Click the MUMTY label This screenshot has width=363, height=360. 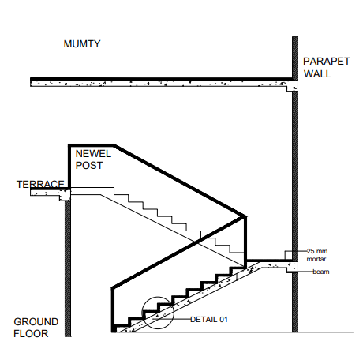pos(82,43)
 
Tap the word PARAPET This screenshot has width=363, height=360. pos(327,62)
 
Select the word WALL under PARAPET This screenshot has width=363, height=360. pos(317,73)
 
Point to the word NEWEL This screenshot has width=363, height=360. pos(93,154)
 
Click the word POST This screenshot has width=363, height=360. pos(89,166)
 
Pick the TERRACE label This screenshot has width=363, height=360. pos(40,184)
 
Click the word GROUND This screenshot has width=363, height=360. pos(36,322)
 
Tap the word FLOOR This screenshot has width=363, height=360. pos(31,334)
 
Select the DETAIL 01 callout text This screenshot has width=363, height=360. pos(209,320)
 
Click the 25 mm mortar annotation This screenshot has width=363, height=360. pos(317,255)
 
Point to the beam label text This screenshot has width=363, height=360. pos(321,272)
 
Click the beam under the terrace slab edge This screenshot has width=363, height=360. pos(65,196)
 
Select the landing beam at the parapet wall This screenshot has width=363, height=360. pos(292,268)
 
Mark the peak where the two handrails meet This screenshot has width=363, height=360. pos(245,217)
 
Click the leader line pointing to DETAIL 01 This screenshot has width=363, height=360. pos(172,319)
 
